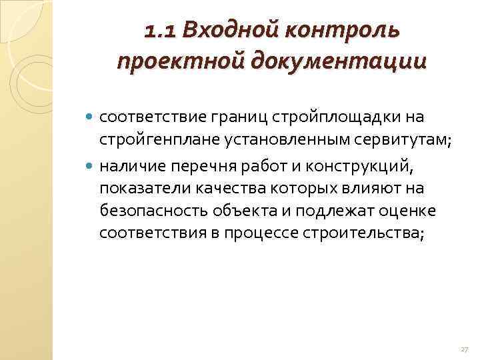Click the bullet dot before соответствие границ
click(91, 118)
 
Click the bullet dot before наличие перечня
click(91, 163)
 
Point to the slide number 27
click(464, 350)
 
